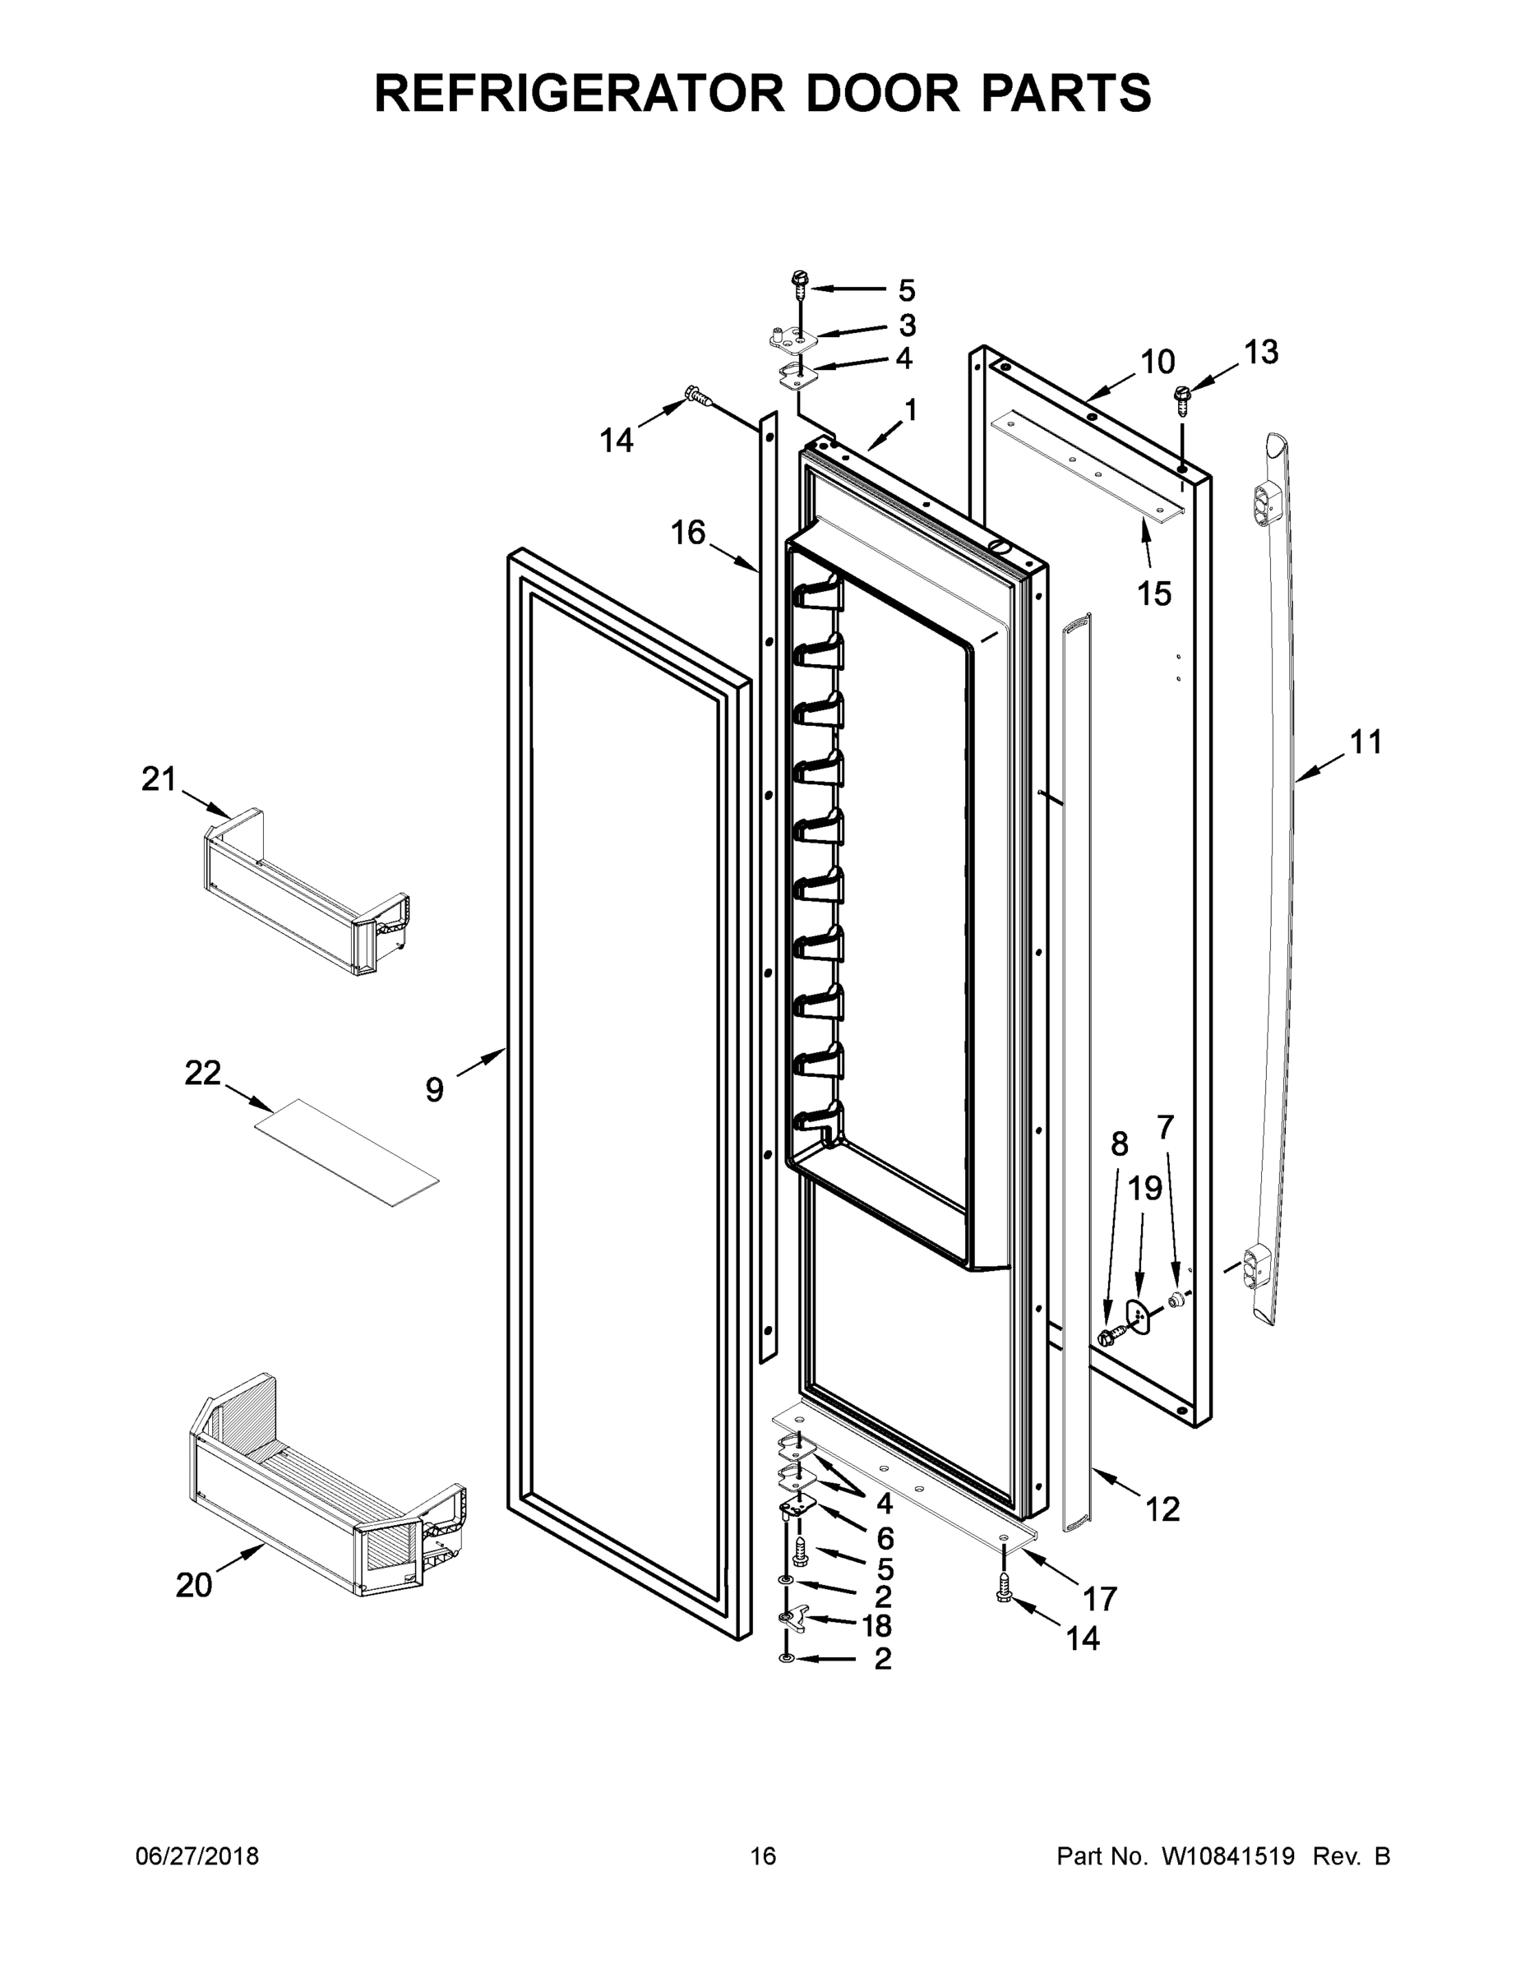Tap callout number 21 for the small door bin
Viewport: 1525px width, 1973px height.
159,779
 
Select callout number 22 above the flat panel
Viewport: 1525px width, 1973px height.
202,1073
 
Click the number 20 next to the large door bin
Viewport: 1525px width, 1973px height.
193,1584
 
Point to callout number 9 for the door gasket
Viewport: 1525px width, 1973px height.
435,1090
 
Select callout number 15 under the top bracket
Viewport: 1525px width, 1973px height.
1153,594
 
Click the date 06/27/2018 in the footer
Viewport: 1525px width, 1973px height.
197,1856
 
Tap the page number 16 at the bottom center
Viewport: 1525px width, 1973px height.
763,1856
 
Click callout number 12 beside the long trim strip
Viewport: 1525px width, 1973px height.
1162,1509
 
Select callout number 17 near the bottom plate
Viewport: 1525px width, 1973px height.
1099,1599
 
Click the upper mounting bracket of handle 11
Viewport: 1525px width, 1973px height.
1266,503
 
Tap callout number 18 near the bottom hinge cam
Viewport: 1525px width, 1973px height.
876,1625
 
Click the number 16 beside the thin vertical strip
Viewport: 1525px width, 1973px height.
687,533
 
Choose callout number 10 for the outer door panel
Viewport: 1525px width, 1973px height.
1158,363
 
